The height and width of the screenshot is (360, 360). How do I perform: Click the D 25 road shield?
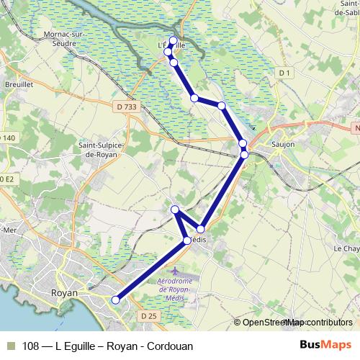click(148, 316)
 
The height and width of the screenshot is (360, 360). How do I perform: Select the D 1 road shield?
click(285, 73)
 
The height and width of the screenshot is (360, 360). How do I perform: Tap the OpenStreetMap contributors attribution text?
click(297, 323)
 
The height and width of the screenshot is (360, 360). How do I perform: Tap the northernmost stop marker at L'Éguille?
click(173, 40)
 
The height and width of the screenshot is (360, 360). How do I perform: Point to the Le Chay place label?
click(346, 248)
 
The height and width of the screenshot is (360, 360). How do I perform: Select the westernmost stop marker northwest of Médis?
click(175, 210)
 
